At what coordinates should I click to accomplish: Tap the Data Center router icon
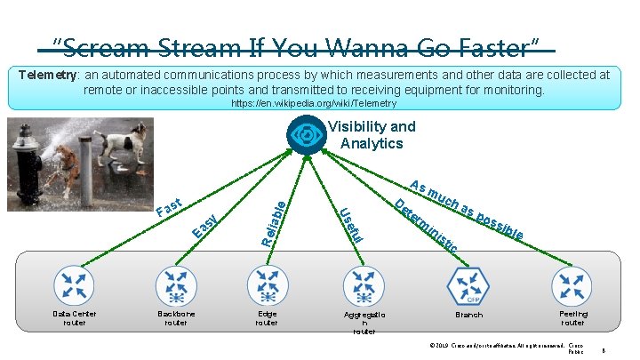pyautogui.click(x=74, y=284)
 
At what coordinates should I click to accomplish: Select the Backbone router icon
pyautogui.click(x=176, y=284)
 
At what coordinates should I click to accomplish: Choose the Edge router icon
pyautogui.click(x=267, y=284)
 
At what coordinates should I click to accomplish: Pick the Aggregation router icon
pyautogui.click(x=364, y=284)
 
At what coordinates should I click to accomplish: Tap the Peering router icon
pyautogui.click(x=572, y=284)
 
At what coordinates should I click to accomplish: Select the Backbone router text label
pyautogui.click(x=176, y=318)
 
